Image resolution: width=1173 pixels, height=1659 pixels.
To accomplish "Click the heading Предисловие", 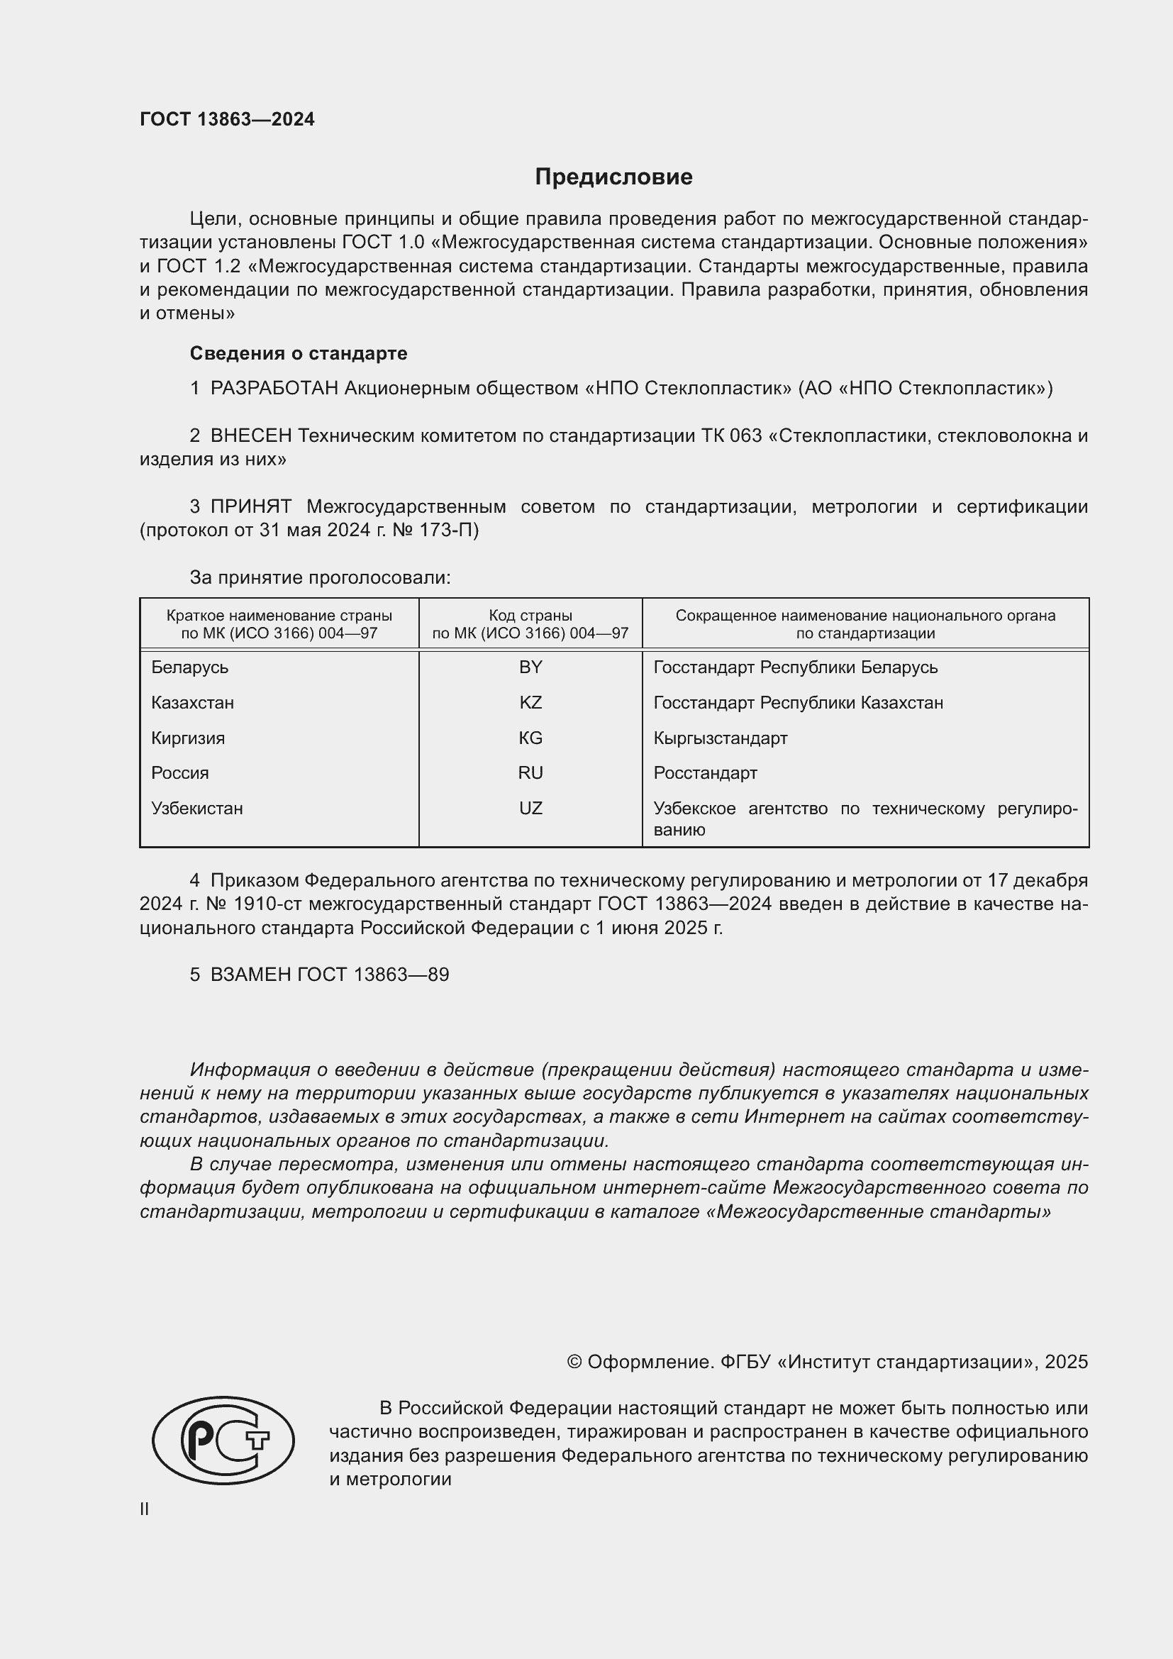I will pyautogui.click(x=613, y=177).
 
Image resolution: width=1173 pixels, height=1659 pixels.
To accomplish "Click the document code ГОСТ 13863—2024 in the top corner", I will pyautogui.click(x=227, y=119).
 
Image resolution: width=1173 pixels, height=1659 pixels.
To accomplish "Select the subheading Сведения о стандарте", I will pyautogui.click(x=299, y=353).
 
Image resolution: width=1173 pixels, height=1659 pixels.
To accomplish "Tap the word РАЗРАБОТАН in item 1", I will pyautogui.click(x=274, y=389).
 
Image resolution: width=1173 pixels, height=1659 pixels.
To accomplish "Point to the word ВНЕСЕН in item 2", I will pyautogui.click(x=250, y=435).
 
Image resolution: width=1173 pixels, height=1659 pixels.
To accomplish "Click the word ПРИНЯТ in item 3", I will pyautogui.click(x=250, y=506).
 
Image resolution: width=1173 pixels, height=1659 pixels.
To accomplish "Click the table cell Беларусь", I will pyautogui.click(x=189, y=667).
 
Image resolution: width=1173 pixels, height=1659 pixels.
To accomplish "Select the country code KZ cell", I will pyautogui.click(x=530, y=703).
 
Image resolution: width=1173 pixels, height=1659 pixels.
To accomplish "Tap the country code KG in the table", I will pyautogui.click(x=530, y=738).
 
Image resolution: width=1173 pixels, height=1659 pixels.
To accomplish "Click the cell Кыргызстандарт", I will pyautogui.click(x=720, y=738).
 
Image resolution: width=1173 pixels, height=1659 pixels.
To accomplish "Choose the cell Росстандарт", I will pyautogui.click(x=705, y=773).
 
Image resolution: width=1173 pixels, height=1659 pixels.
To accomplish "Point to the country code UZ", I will pyautogui.click(x=530, y=809).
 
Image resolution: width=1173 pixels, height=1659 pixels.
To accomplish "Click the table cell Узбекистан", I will pyautogui.click(x=196, y=809).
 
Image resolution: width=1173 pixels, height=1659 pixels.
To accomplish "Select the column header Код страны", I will pyautogui.click(x=530, y=616).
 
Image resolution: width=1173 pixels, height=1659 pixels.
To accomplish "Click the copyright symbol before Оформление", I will pyautogui.click(x=574, y=1362).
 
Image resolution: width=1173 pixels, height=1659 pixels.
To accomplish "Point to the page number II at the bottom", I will pyautogui.click(x=145, y=1509).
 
